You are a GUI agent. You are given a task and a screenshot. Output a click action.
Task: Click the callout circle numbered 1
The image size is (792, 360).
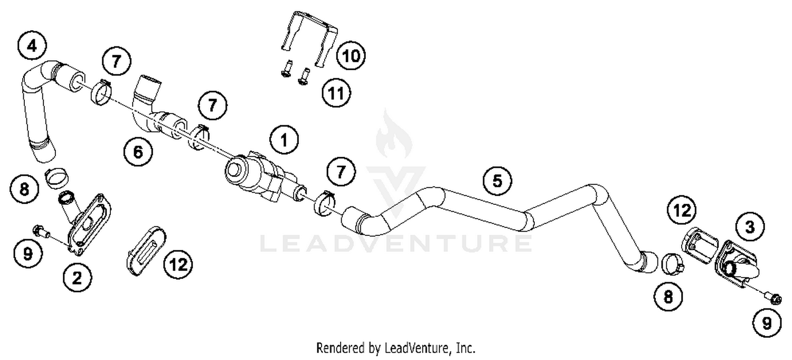coord(284,140)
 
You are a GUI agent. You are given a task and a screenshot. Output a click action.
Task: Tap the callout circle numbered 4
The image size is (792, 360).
coord(33,46)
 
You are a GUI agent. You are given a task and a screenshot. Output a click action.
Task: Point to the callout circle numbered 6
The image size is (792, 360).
coord(137,153)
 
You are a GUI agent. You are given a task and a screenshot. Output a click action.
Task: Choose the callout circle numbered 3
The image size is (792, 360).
coord(750,228)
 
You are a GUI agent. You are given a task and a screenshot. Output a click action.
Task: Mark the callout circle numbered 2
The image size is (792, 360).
coord(77,278)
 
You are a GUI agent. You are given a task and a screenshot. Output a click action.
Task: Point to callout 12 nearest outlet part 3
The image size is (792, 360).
coord(682,211)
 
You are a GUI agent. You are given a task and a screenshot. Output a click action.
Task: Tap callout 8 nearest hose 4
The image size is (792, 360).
coord(25,188)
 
